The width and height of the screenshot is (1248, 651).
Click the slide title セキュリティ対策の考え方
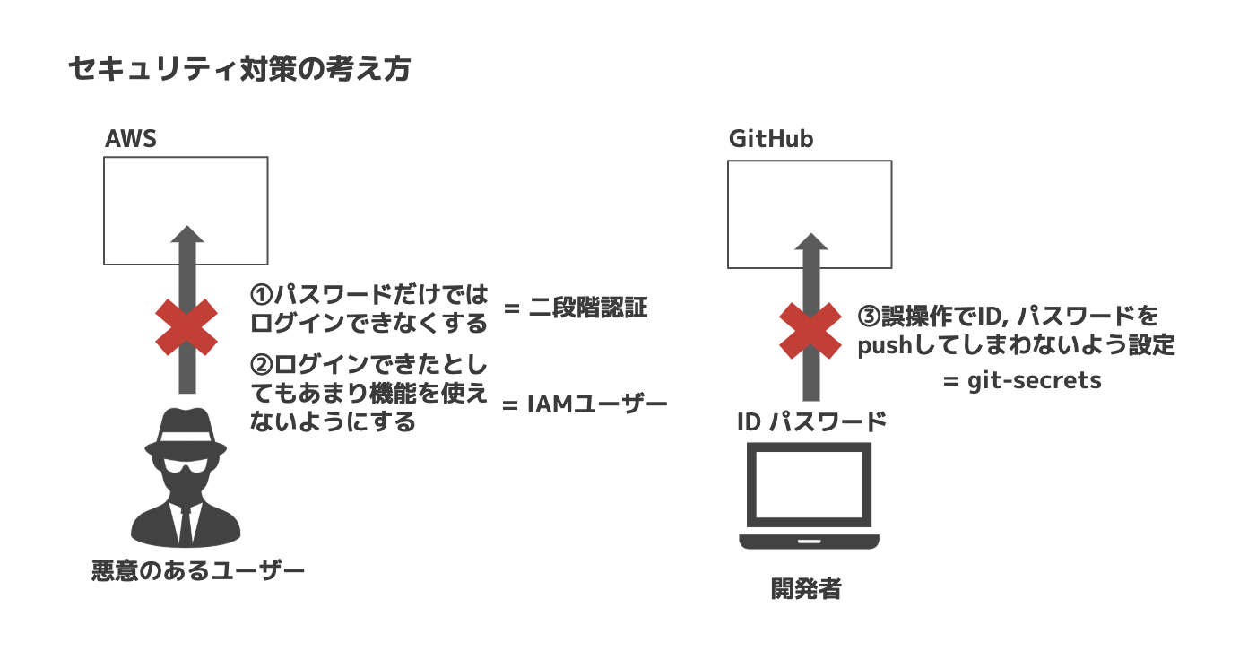pos(239,69)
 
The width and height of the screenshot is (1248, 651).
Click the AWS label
pos(131,139)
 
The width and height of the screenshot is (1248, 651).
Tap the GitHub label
pos(771,139)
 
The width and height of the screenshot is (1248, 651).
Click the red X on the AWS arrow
pos(186,326)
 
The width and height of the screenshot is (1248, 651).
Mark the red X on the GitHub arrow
pos(810,330)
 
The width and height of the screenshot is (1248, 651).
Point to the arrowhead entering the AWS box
pos(186,236)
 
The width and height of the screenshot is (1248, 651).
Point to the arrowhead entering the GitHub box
pos(810,243)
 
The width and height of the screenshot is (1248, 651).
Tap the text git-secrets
pos(1034,380)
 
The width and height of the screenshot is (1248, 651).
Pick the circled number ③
pos(870,317)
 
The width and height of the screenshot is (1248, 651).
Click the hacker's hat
pos(186,429)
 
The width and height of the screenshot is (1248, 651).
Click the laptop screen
pos(810,488)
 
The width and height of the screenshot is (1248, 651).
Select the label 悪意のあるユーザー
pos(198,570)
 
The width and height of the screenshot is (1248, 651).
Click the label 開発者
pos(806,589)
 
